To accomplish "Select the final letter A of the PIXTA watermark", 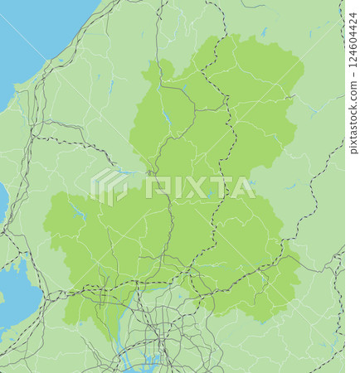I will pos(242,187).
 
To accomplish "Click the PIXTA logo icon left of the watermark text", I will pos(109,186).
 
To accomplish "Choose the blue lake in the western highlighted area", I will pos(79,213).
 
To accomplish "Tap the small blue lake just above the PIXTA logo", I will pos(124,172).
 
